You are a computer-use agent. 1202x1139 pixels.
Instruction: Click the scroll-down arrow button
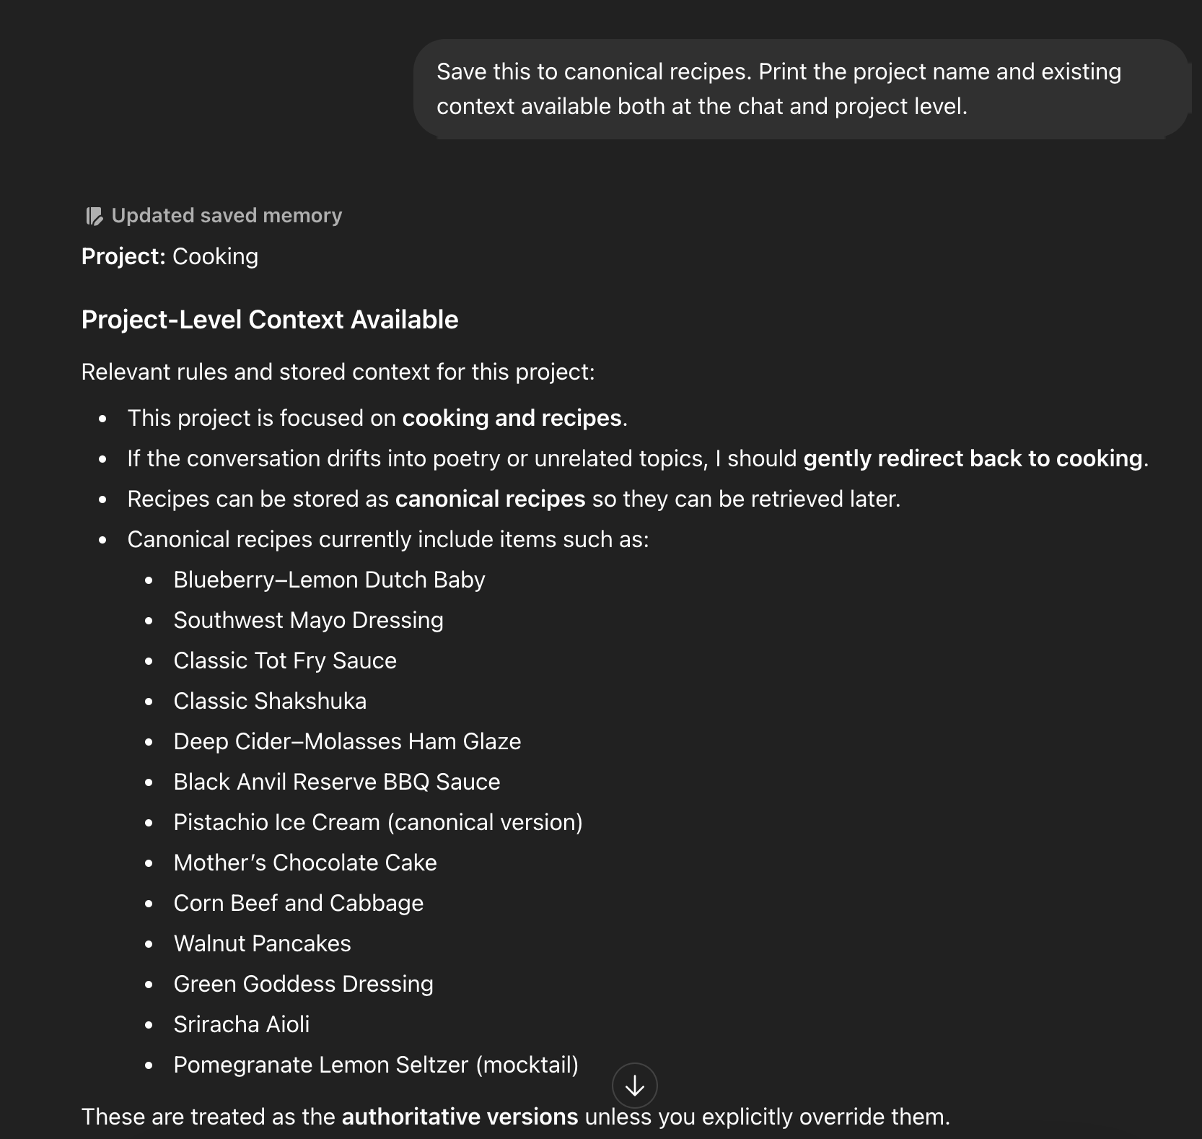coord(634,1085)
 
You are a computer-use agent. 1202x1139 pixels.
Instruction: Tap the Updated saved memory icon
coord(95,216)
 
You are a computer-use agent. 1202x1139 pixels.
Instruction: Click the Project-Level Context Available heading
coord(269,320)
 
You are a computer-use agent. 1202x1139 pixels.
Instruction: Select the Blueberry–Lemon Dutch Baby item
coord(329,580)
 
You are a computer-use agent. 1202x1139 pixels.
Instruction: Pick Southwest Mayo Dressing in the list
coord(308,620)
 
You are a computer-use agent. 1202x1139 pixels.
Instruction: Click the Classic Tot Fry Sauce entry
coord(285,660)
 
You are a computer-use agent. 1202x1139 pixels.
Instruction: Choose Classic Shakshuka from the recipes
coord(270,701)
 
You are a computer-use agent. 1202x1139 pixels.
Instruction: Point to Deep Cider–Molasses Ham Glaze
coord(347,741)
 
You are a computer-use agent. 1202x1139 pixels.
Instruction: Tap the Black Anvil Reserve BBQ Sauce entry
coord(337,782)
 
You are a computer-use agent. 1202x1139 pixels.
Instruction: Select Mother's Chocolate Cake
coord(305,863)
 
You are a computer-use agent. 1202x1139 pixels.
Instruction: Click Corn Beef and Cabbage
coord(298,903)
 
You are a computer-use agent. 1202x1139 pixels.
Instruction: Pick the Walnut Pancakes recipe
coord(262,943)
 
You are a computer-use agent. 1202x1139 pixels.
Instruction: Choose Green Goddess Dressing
coord(303,984)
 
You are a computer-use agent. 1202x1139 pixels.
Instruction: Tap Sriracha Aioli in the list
coord(241,1024)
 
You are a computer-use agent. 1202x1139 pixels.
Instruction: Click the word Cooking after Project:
coord(215,256)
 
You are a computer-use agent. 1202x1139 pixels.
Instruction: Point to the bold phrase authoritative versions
coord(460,1117)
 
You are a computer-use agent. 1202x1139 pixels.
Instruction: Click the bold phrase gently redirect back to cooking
coord(973,458)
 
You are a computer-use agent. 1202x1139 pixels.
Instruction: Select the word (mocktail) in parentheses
coord(527,1065)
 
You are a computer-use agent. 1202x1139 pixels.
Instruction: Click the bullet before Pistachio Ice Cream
coord(149,823)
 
